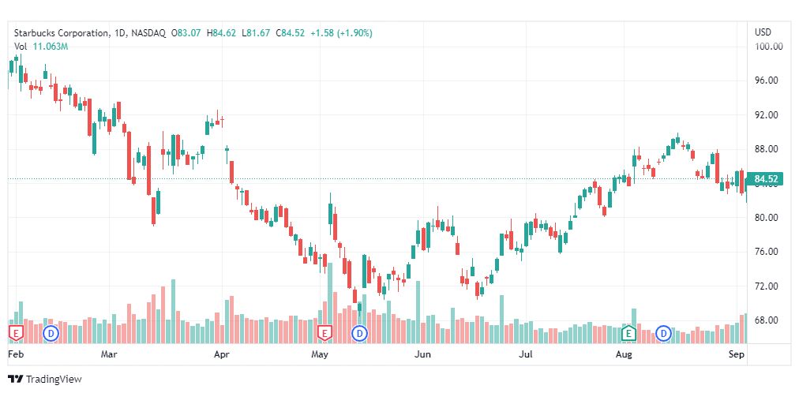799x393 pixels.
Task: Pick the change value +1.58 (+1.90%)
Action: [341, 33]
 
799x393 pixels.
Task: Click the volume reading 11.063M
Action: [51, 47]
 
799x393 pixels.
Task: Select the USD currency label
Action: [763, 32]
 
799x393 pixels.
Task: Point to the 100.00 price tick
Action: [767, 47]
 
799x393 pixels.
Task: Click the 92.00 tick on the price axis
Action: [767, 115]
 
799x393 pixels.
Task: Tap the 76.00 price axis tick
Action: [767, 252]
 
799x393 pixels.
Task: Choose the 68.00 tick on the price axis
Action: [767, 320]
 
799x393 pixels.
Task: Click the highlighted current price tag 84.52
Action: [767, 179]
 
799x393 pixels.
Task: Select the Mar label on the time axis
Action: [109, 355]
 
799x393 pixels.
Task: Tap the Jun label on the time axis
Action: [423, 355]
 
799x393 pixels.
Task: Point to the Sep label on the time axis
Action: [736, 355]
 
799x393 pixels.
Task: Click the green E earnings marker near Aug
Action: [629, 333]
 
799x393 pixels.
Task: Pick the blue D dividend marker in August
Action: [664, 333]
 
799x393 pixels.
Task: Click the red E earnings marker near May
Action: [324, 333]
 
